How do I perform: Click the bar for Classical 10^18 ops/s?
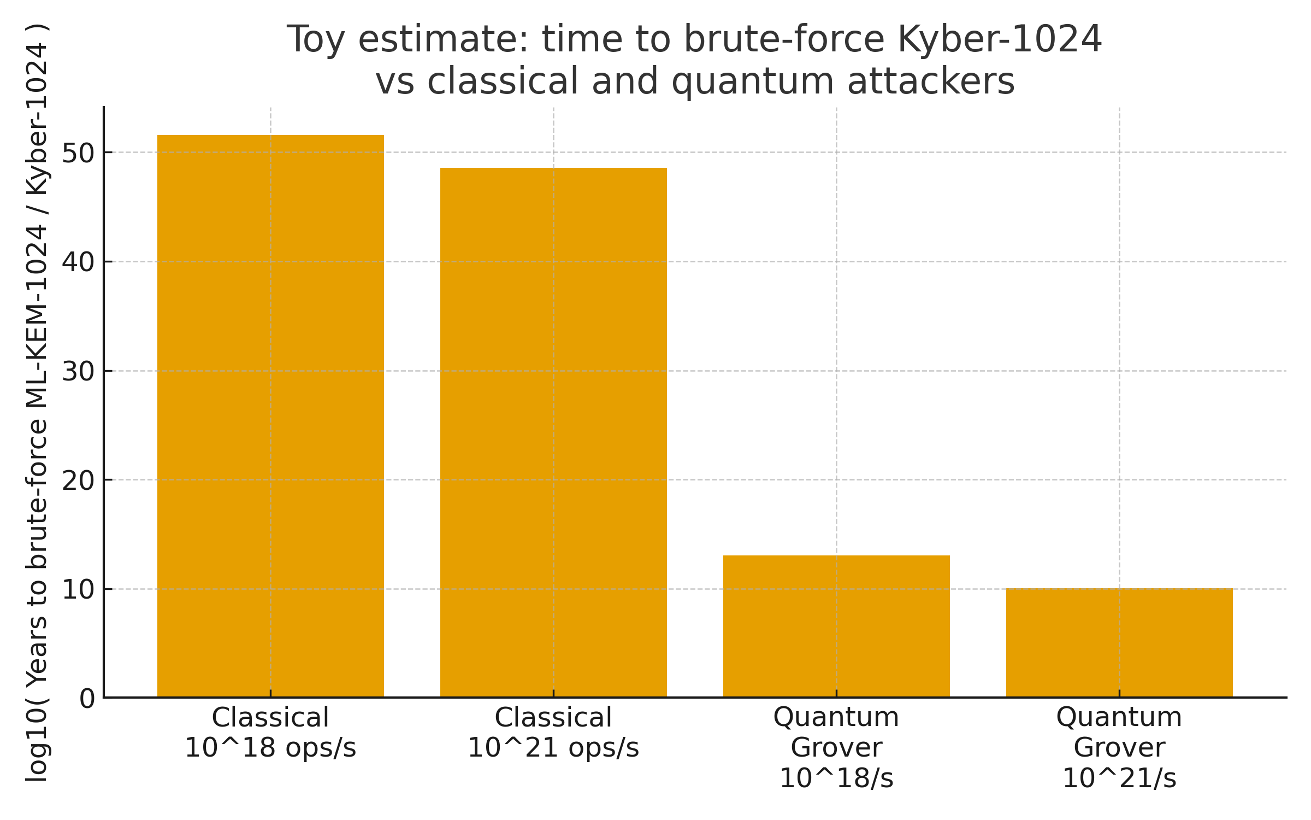pos(270,415)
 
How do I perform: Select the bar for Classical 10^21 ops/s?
pos(553,432)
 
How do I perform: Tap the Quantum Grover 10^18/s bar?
pos(836,626)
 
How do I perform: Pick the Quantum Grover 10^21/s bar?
pos(1119,642)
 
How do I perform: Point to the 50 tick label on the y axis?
pos(78,153)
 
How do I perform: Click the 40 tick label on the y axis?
pos(78,262)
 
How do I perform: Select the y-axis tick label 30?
pos(78,372)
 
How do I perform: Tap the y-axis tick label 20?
pos(78,481)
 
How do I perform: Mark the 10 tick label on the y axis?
pos(78,590)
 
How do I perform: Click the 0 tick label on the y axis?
pos(87,699)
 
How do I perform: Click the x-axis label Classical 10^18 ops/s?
pos(270,733)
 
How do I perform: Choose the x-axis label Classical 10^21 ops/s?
pos(553,733)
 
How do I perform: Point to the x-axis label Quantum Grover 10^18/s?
pos(836,747)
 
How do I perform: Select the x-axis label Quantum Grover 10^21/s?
pos(1119,747)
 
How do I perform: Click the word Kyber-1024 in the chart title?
pos(999,39)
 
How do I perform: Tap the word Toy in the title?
pos(315,39)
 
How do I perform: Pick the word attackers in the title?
pos(930,81)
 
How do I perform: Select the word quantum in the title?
pos(753,81)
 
